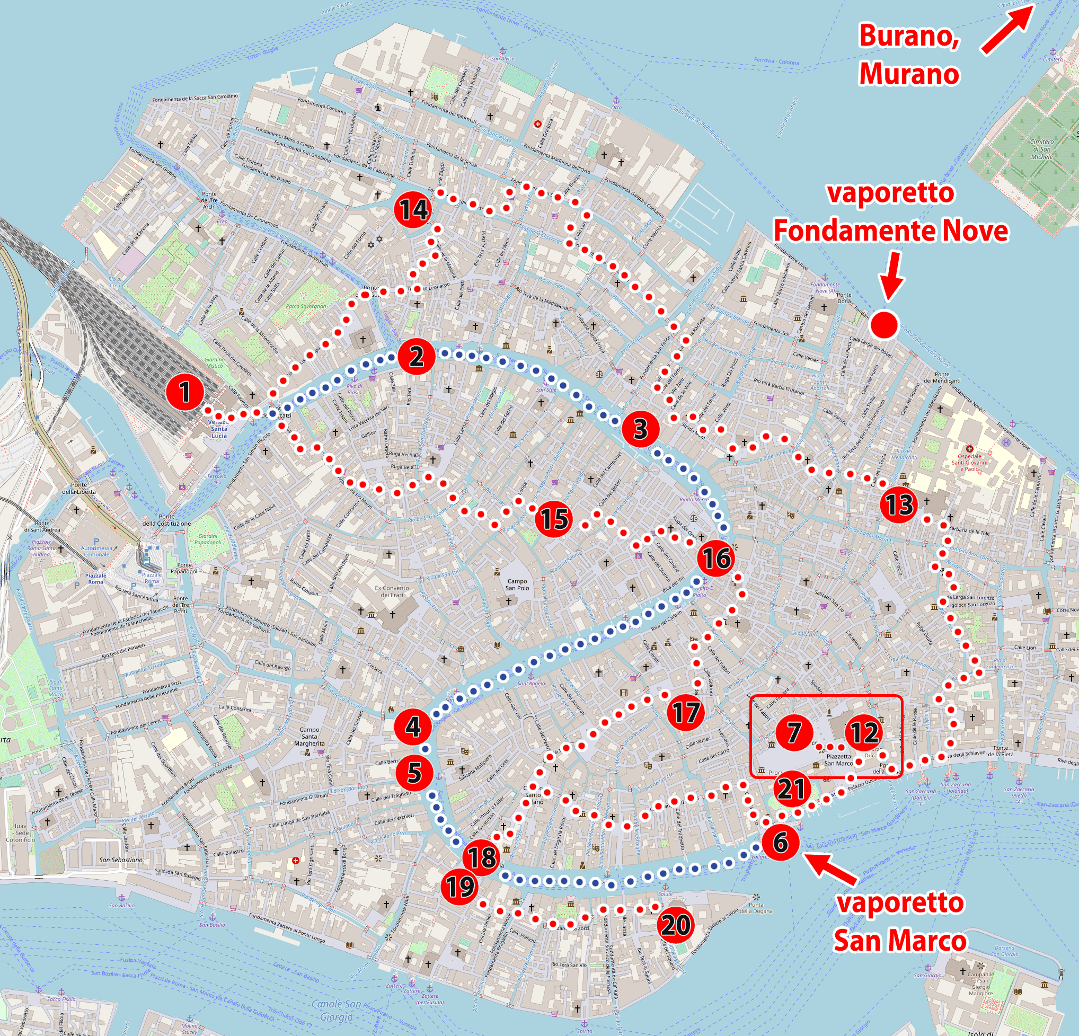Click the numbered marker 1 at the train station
click(x=185, y=392)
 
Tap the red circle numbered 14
click(x=413, y=210)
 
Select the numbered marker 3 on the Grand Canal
click(x=640, y=429)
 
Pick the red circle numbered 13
click(x=899, y=504)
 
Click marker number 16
click(x=716, y=559)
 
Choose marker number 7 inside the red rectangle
click(x=794, y=732)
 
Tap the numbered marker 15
click(x=554, y=519)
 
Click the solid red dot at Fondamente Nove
click(x=884, y=324)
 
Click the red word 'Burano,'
click(x=909, y=37)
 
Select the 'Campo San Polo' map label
click(x=517, y=584)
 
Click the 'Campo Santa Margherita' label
click(x=309, y=736)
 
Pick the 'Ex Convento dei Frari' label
click(x=392, y=591)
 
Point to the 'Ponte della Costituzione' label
click(x=167, y=520)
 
